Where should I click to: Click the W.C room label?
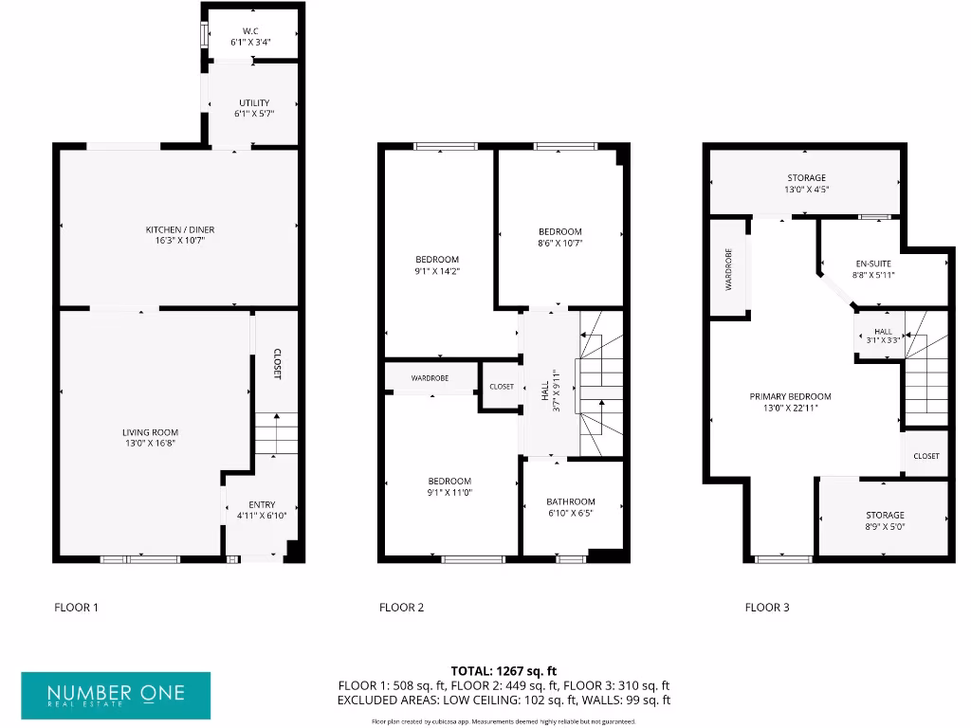click(251, 31)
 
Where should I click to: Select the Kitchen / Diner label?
click(174, 230)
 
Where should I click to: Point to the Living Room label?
click(150, 432)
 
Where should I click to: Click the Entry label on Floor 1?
click(262, 504)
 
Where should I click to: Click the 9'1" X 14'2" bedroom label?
click(437, 260)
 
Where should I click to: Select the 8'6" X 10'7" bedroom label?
click(559, 231)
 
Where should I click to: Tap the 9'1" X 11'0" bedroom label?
click(449, 481)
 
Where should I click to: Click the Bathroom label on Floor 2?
click(571, 501)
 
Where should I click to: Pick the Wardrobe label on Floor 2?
click(430, 378)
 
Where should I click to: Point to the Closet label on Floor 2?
click(502, 387)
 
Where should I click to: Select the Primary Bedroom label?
click(790, 396)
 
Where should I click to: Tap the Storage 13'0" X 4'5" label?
click(806, 178)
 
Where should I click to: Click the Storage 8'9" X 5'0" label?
click(884, 515)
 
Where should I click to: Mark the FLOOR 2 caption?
click(401, 608)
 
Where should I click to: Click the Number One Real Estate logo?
click(116, 696)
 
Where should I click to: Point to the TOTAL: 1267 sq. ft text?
click(504, 670)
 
